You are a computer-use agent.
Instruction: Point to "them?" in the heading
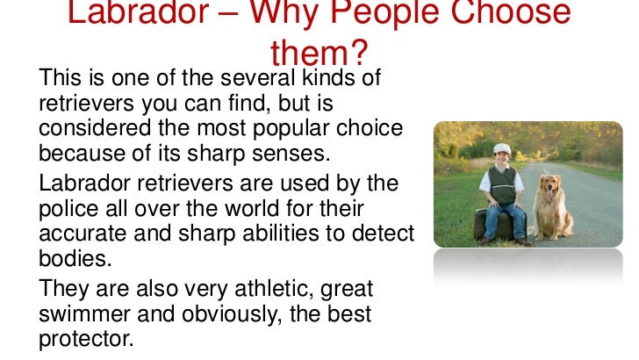pyautogui.click(x=318, y=54)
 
